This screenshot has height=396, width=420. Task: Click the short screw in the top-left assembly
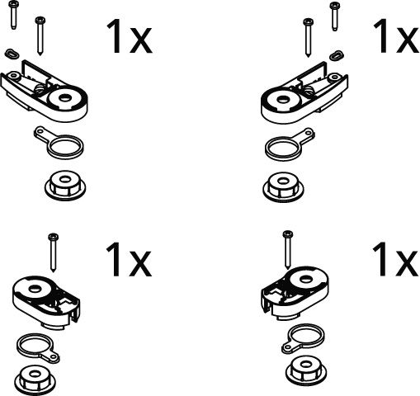tap(12, 15)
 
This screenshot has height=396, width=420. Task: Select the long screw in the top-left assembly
tap(40, 35)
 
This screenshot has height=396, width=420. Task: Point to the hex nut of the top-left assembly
tap(65, 185)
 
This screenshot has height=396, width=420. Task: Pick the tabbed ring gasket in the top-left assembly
tap(59, 143)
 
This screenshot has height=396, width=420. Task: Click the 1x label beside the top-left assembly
tap(129, 37)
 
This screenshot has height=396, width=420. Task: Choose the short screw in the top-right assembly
tap(334, 16)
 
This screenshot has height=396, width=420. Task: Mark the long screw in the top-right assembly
tap(308, 38)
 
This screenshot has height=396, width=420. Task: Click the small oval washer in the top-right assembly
tap(337, 55)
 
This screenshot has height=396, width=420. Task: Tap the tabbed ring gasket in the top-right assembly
tap(289, 145)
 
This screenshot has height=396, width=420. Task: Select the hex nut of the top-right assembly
tap(282, 186)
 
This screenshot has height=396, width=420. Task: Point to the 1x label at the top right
tap(396, 36)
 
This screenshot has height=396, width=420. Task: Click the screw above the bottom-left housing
tap(53, 252)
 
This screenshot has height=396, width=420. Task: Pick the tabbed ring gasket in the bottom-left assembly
tap(38, 348)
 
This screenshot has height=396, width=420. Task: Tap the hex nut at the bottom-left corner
tap(35, 380)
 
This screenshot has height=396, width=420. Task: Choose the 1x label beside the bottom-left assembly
tap(129, 260)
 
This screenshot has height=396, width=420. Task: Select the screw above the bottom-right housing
tap(288, 250)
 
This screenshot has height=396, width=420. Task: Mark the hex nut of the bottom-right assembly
tap(306, 370)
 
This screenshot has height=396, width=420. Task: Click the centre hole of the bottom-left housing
tap(35, 289)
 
